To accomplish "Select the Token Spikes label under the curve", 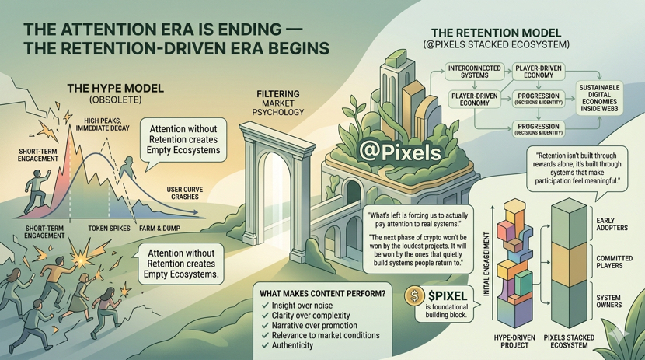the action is [x=107, y=229].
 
